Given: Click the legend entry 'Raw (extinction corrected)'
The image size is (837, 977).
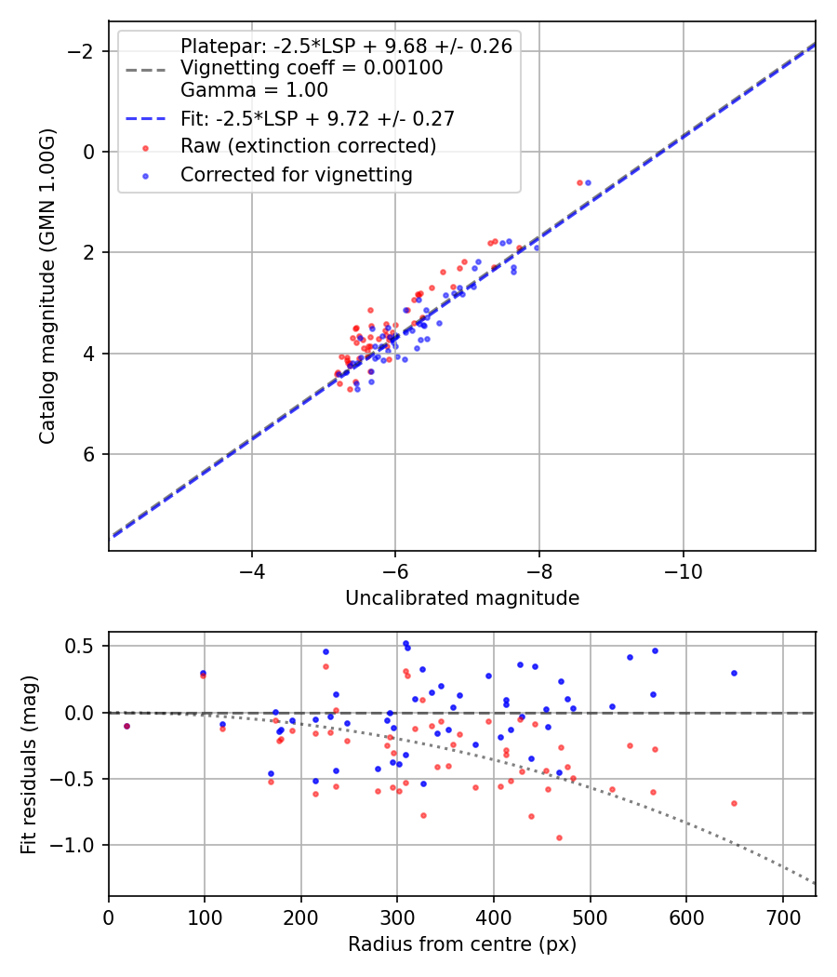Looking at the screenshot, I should coord(308,146).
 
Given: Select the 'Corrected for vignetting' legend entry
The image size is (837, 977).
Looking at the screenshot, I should coord(296,174).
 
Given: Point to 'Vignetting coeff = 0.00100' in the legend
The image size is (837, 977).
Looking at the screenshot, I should coord(312,68).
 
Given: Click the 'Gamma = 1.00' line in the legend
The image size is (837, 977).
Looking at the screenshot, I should coord(254,90).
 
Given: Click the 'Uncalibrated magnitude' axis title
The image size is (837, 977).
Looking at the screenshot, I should coord(462,598).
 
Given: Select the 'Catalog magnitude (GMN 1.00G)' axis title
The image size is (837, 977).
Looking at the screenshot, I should coord(48,286).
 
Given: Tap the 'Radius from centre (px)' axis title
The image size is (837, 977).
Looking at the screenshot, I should coord(462,944).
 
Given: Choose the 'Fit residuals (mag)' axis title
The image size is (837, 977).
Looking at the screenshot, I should coord(29,763).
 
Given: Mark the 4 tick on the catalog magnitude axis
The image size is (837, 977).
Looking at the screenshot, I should coord(90,354).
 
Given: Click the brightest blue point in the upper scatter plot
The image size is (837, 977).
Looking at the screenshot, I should coord(588,182).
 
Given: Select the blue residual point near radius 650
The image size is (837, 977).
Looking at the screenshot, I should coord(734,673).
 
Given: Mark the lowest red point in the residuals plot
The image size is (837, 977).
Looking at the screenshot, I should coord(559,837).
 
